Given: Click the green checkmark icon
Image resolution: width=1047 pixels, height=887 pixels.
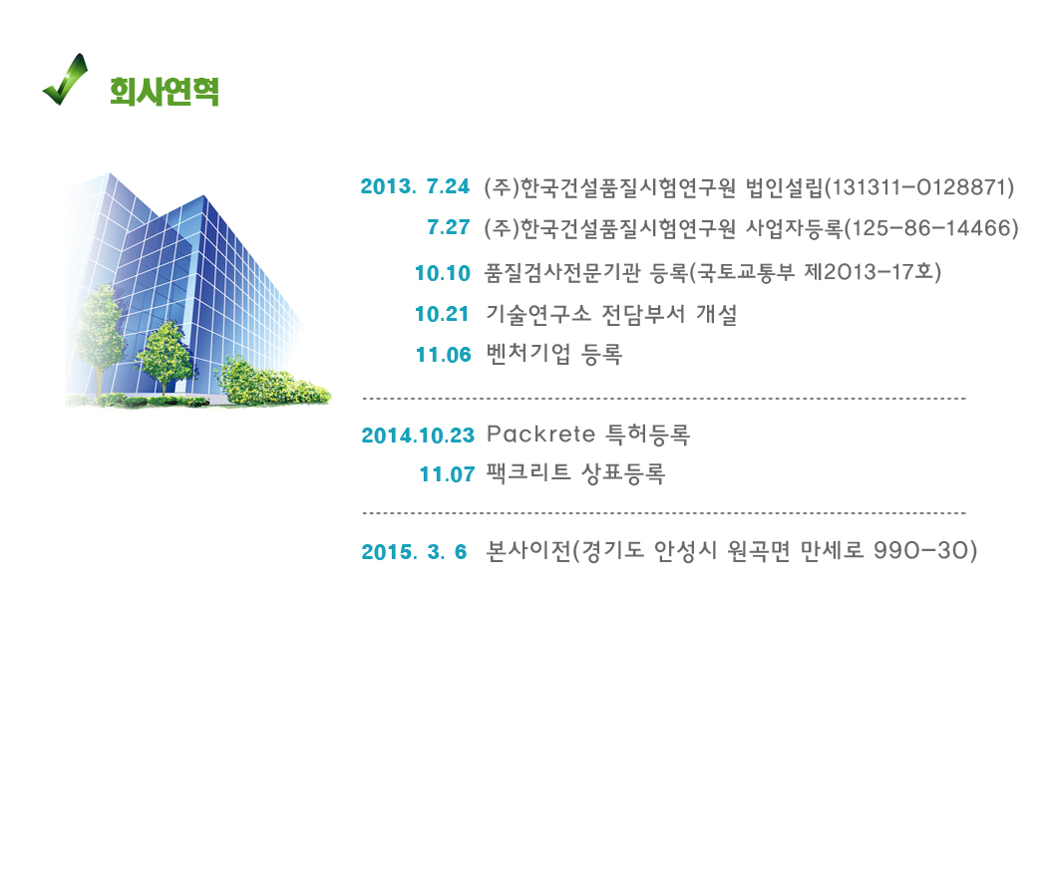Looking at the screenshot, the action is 65,80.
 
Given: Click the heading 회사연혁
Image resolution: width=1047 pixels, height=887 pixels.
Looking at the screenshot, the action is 165,92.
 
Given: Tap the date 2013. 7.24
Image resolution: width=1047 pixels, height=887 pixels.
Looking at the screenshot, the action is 415,186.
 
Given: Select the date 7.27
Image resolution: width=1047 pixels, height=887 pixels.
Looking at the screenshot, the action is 449,227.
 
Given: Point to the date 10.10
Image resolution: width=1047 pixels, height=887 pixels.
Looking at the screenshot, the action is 443,273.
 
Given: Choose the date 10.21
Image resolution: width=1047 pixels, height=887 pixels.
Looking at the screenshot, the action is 442,314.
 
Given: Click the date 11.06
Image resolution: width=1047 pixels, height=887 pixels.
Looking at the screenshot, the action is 444,355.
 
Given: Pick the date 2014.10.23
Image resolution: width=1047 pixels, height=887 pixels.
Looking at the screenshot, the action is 418,436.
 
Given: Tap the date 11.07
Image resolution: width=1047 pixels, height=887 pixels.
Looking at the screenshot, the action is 447,474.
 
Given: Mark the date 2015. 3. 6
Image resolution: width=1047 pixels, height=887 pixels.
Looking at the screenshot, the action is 414,552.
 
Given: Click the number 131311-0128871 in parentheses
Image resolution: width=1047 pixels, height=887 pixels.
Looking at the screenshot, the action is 919,187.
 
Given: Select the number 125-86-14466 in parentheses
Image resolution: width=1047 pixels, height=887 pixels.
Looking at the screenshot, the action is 931,228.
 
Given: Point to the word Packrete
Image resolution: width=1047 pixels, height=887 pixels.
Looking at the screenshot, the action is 540,435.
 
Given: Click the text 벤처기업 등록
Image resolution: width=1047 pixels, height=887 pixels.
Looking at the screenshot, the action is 554,354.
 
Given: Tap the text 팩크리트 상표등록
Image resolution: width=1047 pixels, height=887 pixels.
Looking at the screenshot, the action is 575,473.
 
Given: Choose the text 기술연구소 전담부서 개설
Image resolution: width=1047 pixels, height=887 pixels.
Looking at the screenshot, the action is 611,314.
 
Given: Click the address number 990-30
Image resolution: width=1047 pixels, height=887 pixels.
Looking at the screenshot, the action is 920,550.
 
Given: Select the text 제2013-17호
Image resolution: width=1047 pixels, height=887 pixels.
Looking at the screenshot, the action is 868,272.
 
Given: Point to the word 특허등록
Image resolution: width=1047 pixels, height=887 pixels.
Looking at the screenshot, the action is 648,435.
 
